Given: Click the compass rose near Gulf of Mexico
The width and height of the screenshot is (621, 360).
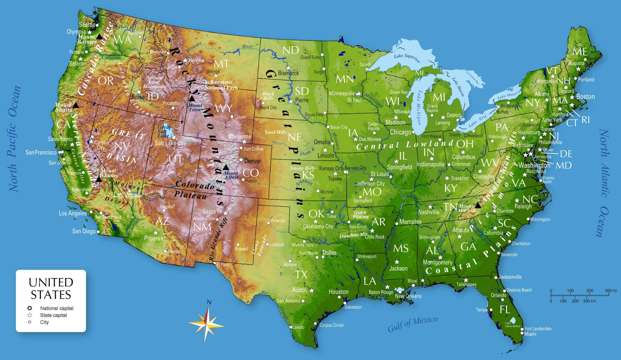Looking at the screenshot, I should [206, 323].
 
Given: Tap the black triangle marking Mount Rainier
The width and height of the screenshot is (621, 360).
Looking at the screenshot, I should [99, 37].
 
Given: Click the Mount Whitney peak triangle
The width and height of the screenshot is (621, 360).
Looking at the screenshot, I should [99, 179].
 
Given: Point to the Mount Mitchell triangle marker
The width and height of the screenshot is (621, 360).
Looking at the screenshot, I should [477, 205].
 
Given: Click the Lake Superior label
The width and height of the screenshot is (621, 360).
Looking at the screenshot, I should [407, 58].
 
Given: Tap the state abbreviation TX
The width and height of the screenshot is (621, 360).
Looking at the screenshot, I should [301, 274].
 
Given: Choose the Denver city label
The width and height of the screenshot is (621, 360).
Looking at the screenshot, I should [253, 161].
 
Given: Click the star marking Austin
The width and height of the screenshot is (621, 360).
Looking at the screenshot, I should [312, 290].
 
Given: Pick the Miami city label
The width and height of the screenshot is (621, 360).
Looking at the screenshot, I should [530, 334].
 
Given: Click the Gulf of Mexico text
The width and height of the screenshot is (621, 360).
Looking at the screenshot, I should [413, 324].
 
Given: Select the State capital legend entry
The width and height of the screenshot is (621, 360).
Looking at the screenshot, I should [53, 315].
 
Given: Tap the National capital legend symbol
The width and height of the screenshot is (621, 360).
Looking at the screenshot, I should [30, 308].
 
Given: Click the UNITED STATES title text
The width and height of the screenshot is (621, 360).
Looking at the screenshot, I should [51, 288].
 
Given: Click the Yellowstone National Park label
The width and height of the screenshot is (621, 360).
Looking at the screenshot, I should [221, 85].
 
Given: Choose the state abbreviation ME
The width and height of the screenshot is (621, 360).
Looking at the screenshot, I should [580, 52].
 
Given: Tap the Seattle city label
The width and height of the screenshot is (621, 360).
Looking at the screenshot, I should [87, 25].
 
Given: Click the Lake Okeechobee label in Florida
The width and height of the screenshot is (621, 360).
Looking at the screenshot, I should [512, 324].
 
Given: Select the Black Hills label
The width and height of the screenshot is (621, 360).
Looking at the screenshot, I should [268, 96].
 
